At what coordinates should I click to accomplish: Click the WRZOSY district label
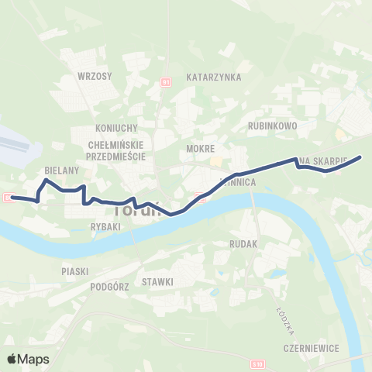pyautogui.click(x=95, y=76)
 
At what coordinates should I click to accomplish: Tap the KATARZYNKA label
pyautogui.click(x=215, y=77)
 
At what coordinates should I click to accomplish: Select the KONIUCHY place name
pyautogui.click(x=115, y=128)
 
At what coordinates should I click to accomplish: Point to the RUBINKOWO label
pyautogui.click(x=273, y=124)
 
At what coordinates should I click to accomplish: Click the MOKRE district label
pyautogui.click(x=200, y=147)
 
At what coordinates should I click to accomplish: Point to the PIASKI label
pyautogui.click(x=75, y=271)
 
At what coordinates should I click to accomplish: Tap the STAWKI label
pyautogui.click(x=157, y=281)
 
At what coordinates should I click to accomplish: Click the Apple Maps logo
pyautogui.click(x=28, y=359)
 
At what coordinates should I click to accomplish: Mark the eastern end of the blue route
pyautogui.click(x=360, y=158)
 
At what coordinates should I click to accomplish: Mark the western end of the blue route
pyautogui.click(x=12, y=197)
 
